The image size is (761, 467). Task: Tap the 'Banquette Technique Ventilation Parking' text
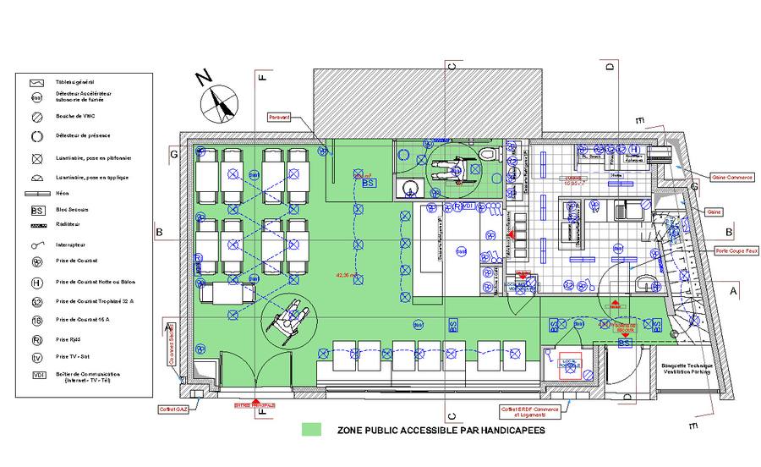tap(687, 370)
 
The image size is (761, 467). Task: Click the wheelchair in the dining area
tap(287, 319)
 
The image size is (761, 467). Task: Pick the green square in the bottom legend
tap(313, 430)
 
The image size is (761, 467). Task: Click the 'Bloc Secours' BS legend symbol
tap(37, 209)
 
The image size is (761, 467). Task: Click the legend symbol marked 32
tap(37, 301)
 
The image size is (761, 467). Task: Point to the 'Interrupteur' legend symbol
tap(37, 245)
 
